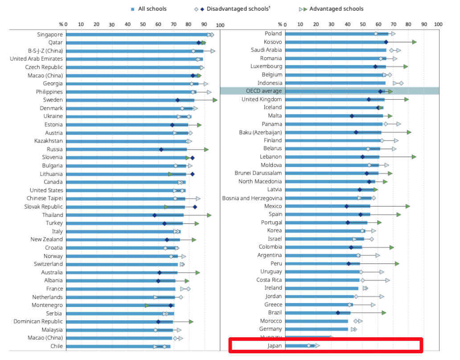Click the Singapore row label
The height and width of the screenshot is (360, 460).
[50, 34]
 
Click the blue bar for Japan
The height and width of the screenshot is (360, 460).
[300, 346]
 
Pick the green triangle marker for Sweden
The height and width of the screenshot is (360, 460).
[215, 100]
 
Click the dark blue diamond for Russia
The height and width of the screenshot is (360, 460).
[161, 149]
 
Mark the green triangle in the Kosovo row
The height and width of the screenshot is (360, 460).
[415, 42]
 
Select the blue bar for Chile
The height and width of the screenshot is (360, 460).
[118, 346]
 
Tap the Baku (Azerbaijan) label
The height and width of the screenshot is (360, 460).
[260, 132]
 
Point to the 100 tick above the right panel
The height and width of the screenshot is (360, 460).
[438, 25]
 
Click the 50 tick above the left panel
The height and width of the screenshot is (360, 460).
[143, 25]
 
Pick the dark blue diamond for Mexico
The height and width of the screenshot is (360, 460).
[346, 206]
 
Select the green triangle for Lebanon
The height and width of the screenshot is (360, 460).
[414, 156]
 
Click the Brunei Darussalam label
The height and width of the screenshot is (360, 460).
[258, 173]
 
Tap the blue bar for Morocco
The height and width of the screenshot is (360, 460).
[316, 321]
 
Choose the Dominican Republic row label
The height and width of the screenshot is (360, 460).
[38, 321]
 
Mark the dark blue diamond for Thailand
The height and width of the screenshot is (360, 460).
[155, 215]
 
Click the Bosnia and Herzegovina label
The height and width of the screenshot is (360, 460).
[252, 198]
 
